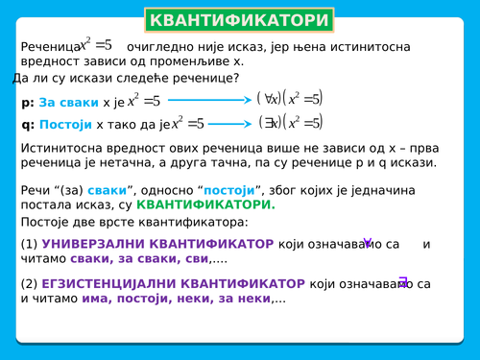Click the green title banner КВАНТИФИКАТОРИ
point(239,20)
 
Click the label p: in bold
point(27,102)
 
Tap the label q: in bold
point(27,124)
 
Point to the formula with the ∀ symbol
point(291,98)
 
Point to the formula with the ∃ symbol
point(291,122)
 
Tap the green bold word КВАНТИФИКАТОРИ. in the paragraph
point(205,204)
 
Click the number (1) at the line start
point(29,244)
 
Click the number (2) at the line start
point(29,284)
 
